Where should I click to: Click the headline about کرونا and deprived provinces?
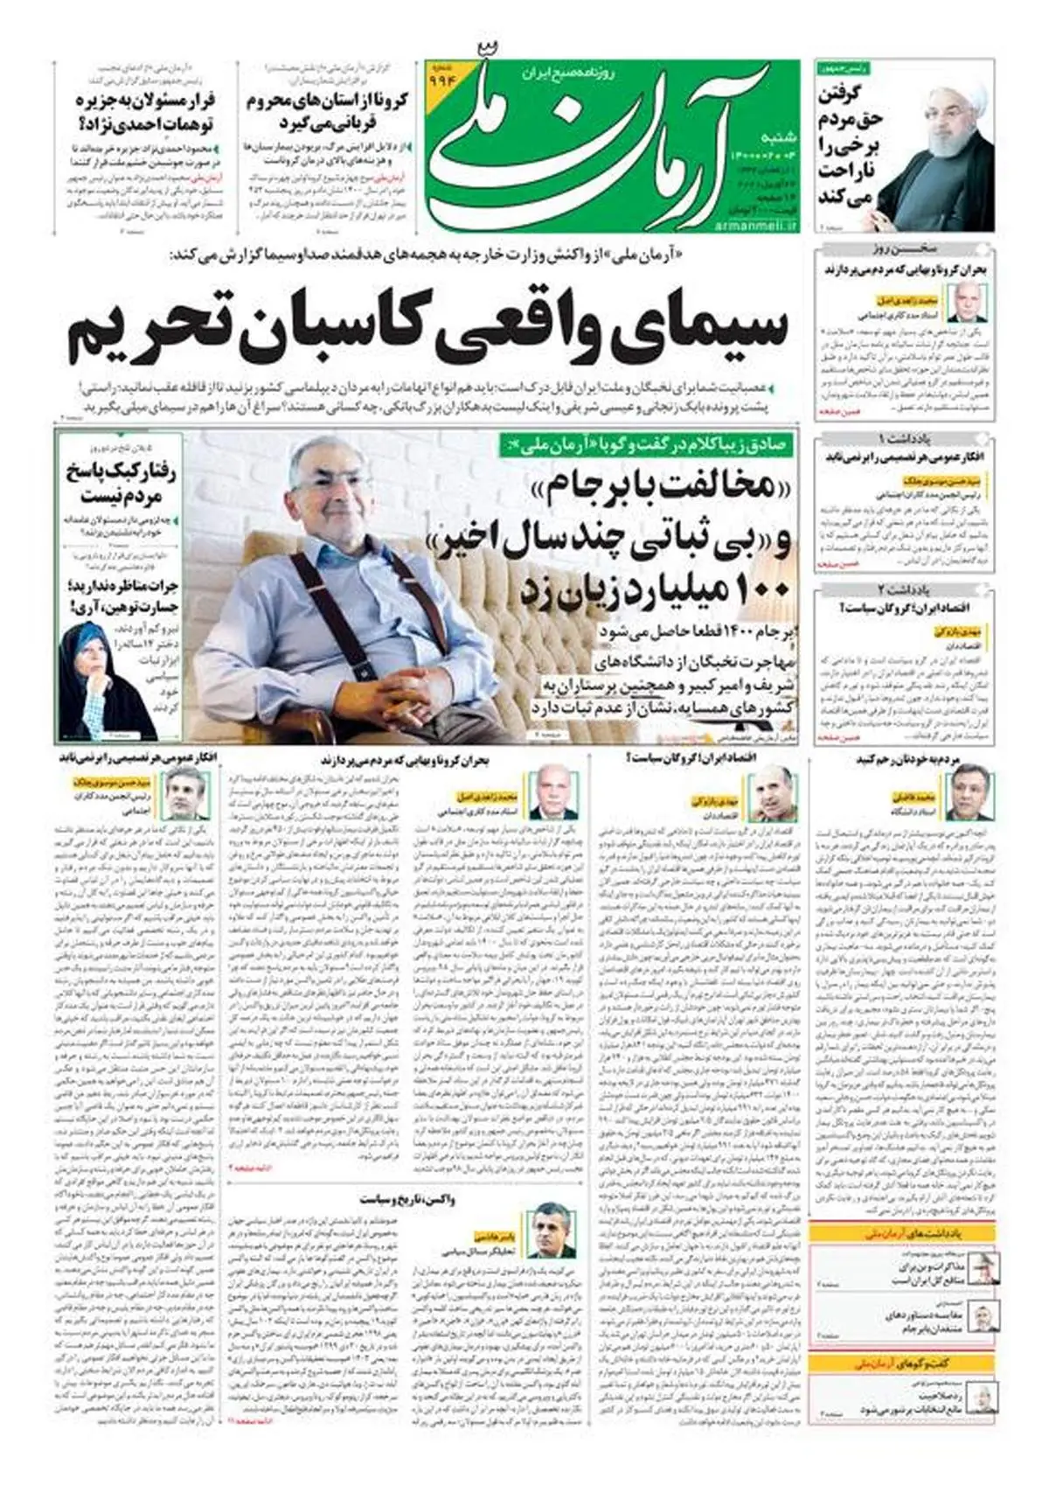[326, 110]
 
